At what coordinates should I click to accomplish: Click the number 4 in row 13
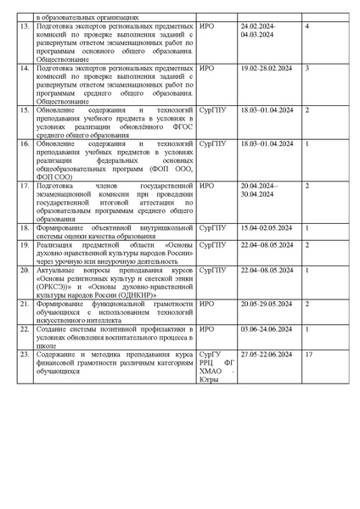(307, 27)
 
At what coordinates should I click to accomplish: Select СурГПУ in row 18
(211, 228)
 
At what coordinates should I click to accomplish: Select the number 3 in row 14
(307, 67)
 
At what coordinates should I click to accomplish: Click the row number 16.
(25, 145)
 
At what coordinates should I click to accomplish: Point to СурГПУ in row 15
(211, 109)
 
